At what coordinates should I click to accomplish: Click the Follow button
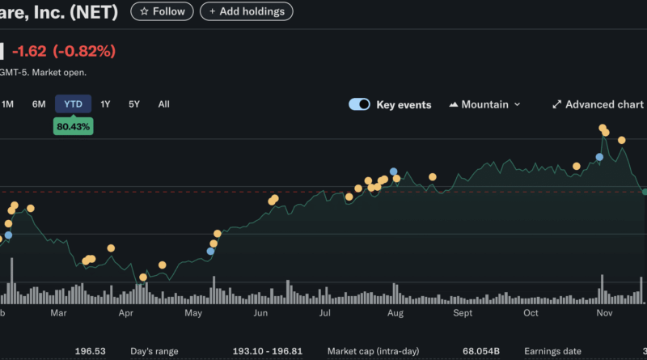coord(162,11)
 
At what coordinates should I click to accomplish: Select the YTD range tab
coord(73,104)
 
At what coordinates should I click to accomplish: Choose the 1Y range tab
coord(105,104)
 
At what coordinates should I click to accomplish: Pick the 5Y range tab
coord(134,104)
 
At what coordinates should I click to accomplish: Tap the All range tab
coord(164,104)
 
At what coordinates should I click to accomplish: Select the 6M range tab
coord(39,104)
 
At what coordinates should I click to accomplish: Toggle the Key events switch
coord(359,104)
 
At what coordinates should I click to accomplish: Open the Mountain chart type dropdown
coord(484,104)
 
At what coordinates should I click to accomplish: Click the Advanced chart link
coord(598,104)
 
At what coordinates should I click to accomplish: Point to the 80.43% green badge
coord(73,126)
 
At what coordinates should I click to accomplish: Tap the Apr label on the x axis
coord(125,312)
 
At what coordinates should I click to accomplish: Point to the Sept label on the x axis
coord(463,312)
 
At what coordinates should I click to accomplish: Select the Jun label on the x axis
coord(260,312)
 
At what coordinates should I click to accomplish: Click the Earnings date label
coord(552,352)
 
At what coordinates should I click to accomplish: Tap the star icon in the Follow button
coord(144,11)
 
